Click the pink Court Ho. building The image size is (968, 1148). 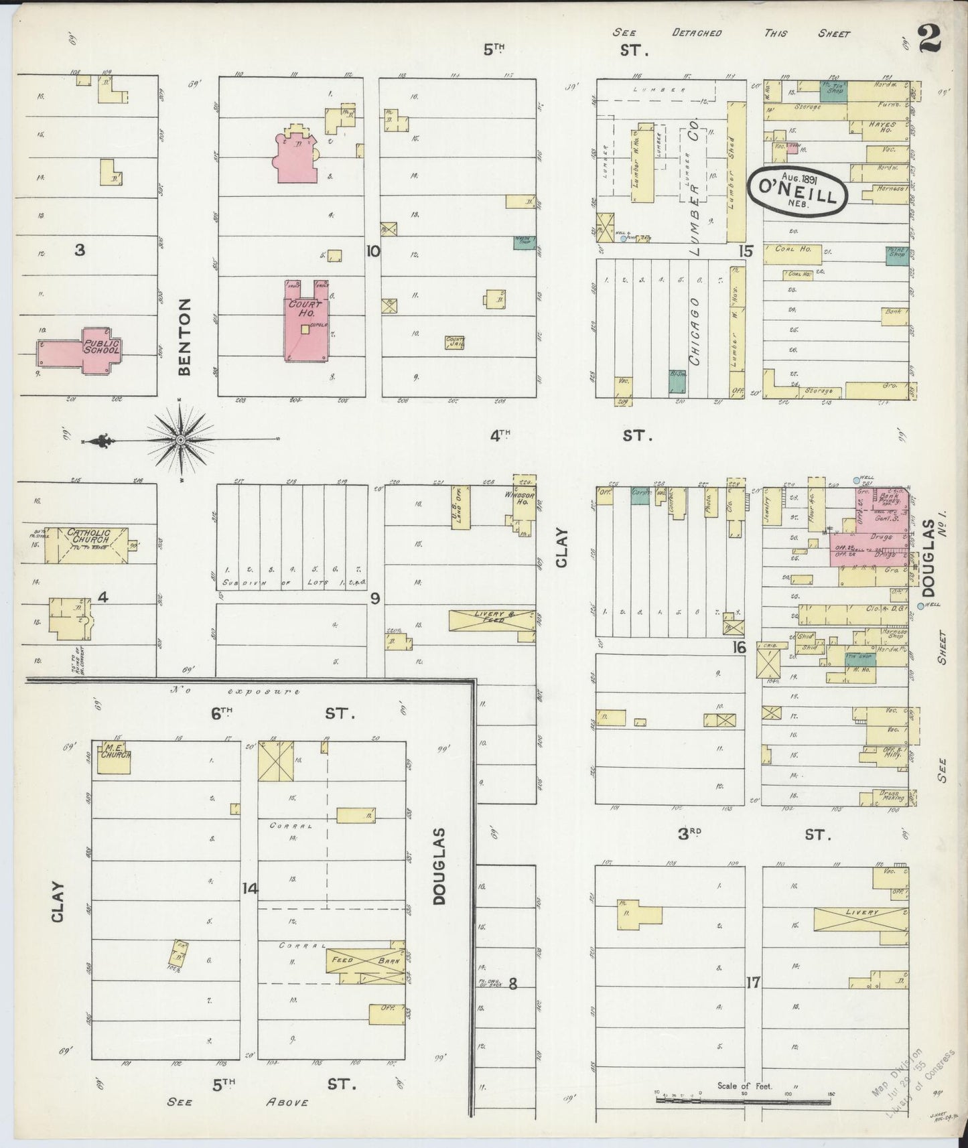(x=305, y=321)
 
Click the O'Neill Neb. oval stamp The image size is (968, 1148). (x=797, y=192)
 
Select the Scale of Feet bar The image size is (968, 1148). (x=744, y=1099)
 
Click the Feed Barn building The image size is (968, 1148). (x=365, y=960)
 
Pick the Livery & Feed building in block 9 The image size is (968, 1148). (x=491, y=620)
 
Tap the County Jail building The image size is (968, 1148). (x=455, y=342)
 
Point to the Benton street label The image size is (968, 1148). (x=185, y=336)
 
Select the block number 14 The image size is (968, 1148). (x=249, y=888)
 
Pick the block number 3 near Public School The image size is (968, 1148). (x=80, y=250)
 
